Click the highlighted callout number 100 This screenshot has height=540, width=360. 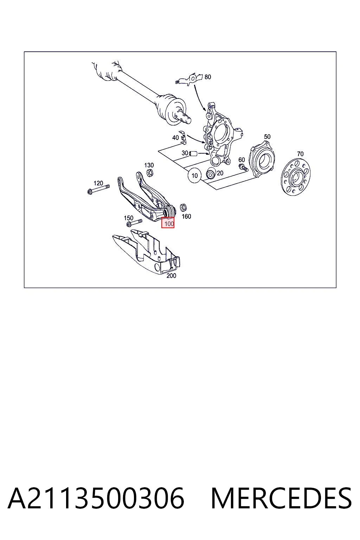click(169, 224)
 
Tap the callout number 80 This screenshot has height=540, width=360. click(208, 77)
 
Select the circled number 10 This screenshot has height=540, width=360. click(194, 176)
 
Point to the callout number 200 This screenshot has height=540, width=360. click(171, 276)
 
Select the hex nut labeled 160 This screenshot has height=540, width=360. click(184, 207)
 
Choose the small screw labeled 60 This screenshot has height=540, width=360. click(243, 168)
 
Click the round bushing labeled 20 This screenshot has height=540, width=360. click(211, 174)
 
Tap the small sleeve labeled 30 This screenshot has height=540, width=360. click(193, 153)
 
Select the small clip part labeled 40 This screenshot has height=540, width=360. click(183, 138)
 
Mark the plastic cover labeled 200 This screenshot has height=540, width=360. click(147, 252)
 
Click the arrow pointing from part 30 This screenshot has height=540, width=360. click(204, 153)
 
